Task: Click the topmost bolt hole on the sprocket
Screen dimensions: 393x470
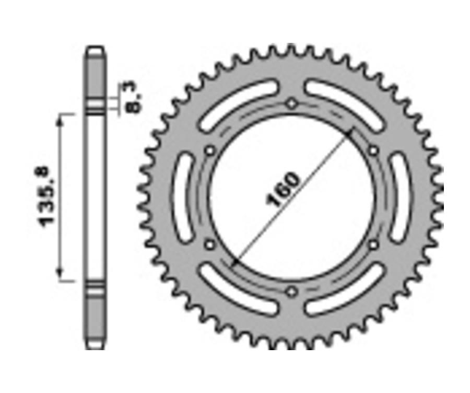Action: coord(291,103)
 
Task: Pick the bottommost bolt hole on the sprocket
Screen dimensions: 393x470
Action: coord(291,291)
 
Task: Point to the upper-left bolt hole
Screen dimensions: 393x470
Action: coord(210,151)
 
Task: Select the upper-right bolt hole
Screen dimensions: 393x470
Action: coord(373,151)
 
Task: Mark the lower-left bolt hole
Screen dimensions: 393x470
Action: coord(210,244)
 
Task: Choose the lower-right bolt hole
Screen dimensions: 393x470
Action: coord(373,244)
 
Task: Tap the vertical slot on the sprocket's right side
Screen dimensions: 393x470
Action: coord(401,198)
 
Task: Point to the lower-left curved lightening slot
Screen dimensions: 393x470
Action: coord(238,289)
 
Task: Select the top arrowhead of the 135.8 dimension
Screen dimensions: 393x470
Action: coord(61,121)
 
